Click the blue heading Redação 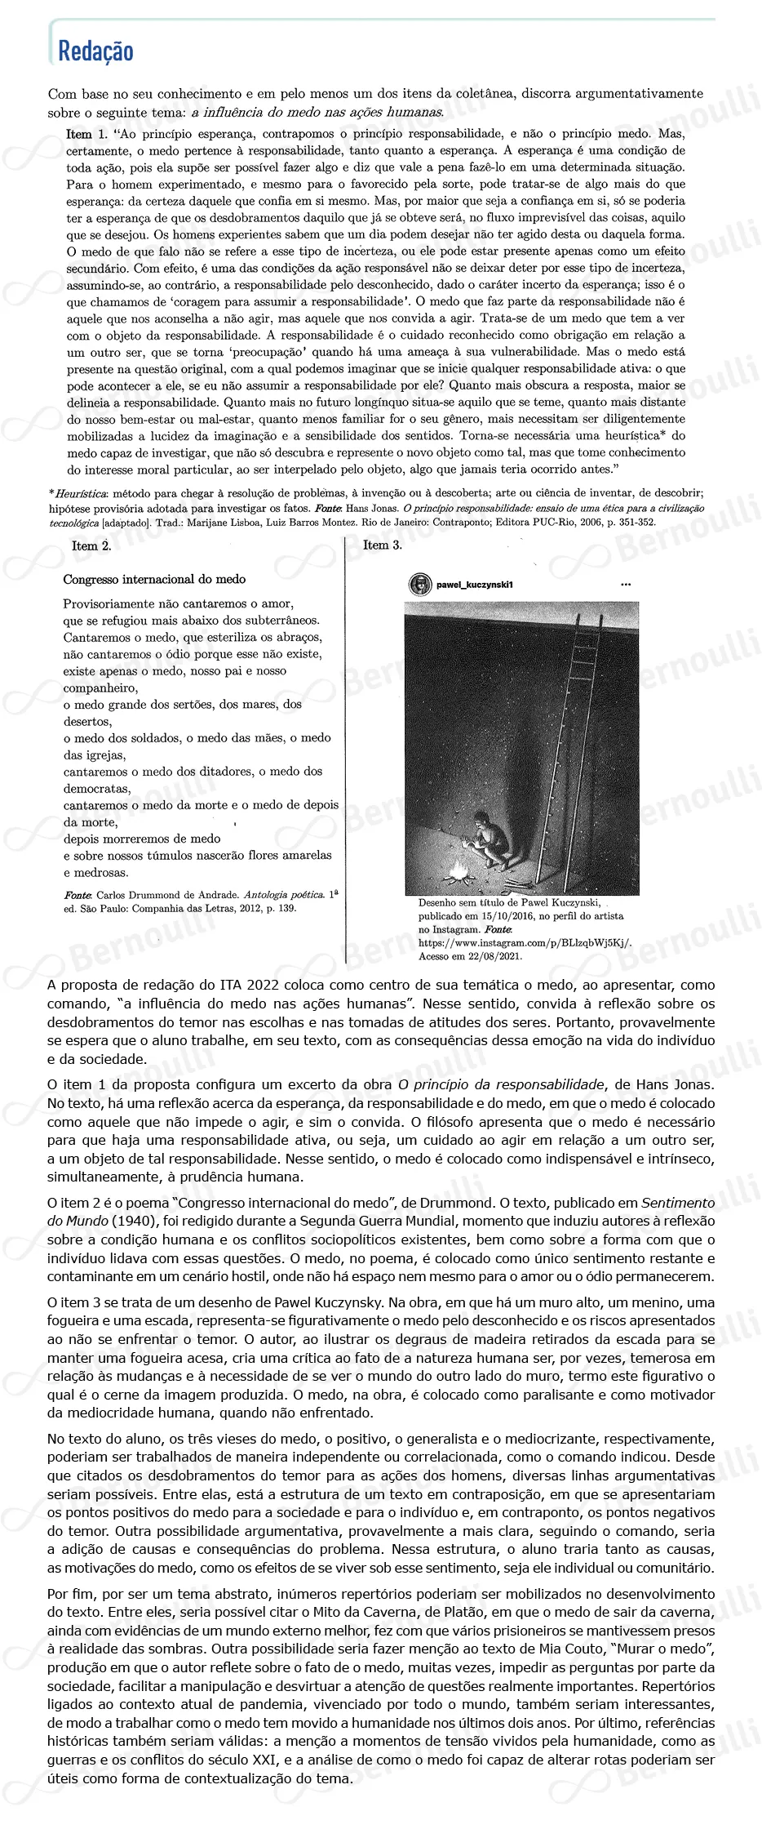[95, 51]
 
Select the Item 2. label [91, 546]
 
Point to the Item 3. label [382, 545]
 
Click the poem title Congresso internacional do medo [154, 579]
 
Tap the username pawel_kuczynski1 [475, 585]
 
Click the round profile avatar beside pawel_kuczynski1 [420, 584]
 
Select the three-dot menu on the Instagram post [625, 585]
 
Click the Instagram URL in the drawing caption [525, 942]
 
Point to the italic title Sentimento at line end [677, 1202]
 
